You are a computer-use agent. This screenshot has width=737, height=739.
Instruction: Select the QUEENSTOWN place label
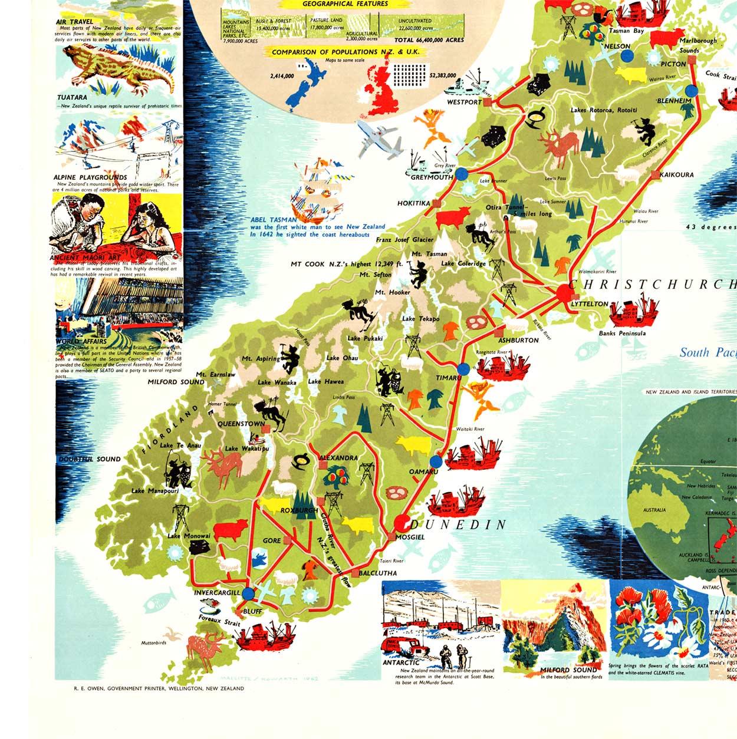point(241,424)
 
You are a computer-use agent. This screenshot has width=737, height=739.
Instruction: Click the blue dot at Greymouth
point(462,174)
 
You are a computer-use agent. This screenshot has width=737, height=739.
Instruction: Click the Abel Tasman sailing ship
point(317,192)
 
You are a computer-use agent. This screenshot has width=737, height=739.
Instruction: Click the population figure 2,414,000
point(282,76)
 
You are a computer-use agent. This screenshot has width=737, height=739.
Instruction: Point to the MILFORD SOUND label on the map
point(176,382)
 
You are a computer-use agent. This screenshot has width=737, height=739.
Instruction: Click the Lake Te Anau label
point(180,446)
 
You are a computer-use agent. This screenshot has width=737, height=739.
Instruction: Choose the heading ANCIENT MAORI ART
point(85,258)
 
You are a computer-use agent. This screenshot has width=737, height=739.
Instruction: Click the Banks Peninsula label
point(622,334)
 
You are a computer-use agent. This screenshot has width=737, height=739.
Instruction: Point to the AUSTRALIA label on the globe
point(654,510)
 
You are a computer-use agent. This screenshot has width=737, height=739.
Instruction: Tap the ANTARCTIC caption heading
point(401,662)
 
